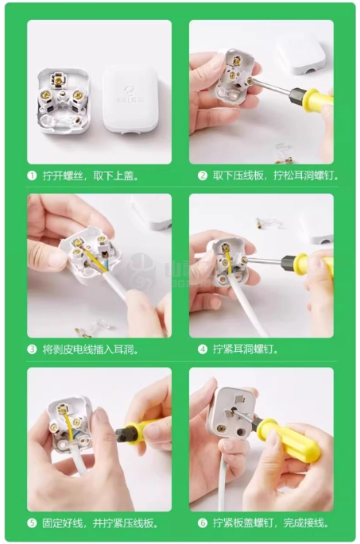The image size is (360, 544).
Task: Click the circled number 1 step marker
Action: click(32, 176)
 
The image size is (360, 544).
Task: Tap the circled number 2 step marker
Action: click(203, 176)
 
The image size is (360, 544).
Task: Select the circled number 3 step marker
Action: click(32, 349)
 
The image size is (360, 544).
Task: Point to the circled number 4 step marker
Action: click(203, 349)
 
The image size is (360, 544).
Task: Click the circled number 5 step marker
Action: click(32, 523)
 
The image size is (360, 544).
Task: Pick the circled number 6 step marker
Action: click(203, 523)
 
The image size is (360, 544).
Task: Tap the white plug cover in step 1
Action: click(130, 100)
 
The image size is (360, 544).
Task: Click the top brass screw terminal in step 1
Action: click(58, 79)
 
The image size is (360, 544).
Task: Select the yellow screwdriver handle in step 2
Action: click(317, 99)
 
